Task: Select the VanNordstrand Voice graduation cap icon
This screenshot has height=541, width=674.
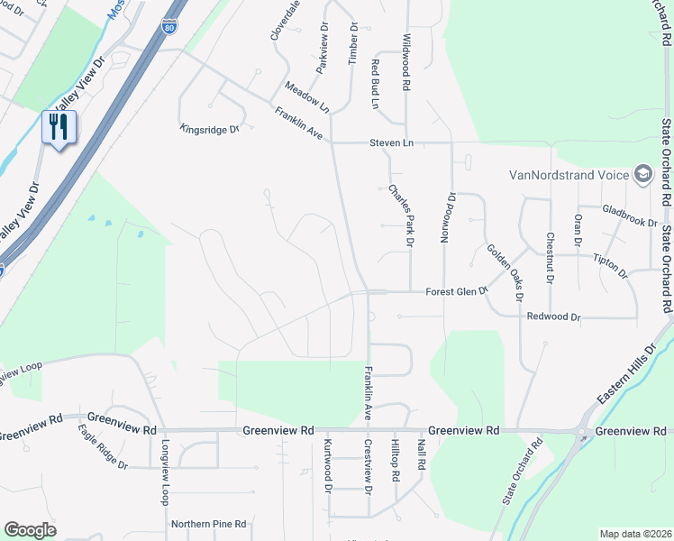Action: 642,174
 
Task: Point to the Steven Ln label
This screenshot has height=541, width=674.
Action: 389,142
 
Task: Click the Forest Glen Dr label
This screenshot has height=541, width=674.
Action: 456,291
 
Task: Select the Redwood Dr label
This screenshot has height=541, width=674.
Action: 554,317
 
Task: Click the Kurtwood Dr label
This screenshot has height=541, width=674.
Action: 328,465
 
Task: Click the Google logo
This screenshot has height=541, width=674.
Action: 30,530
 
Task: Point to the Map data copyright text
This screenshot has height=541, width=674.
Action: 634,534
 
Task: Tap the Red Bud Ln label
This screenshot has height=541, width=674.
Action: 375,84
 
